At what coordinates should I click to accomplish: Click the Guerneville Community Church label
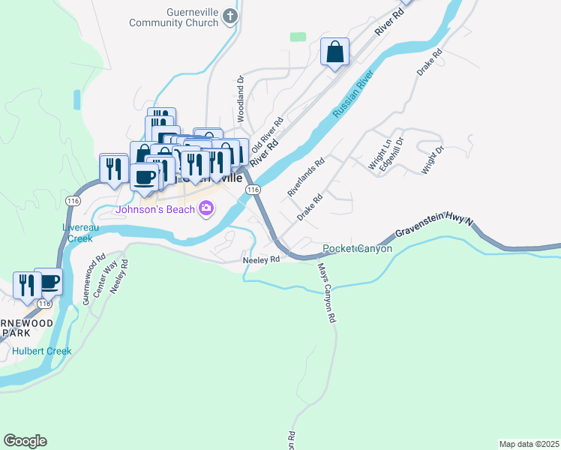coord(173,17)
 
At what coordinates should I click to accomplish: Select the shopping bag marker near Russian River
coord(335,53)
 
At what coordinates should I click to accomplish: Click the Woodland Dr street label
coord(241,98)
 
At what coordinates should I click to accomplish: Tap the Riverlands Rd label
coord(306,177)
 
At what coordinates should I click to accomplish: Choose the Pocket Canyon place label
coord(357,248)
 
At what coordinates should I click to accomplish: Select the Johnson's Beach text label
coord(154,209)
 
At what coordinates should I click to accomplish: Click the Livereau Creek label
coord(77,233)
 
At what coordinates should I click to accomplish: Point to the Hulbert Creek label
coord(42,351)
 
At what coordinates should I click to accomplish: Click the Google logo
coord(25,441)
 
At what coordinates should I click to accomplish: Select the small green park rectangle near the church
coord(298,36)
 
